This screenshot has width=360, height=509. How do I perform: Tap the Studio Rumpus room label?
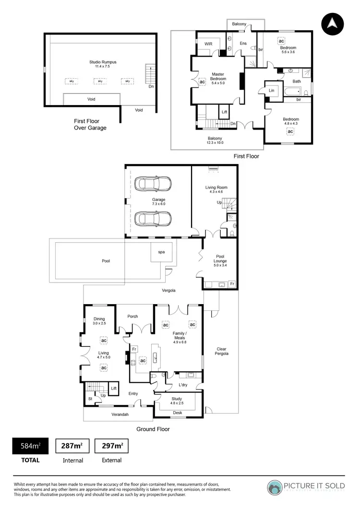coord(103,62)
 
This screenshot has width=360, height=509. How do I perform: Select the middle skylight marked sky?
coord(100,82)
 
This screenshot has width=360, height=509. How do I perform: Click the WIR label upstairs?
coord(208,44)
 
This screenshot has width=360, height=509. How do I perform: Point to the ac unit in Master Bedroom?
coord(202,82)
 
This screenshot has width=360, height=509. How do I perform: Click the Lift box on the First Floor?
coord(224,112)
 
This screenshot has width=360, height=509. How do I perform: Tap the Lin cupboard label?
coord(272,90)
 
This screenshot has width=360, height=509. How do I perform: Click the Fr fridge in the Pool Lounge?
coord(232,284)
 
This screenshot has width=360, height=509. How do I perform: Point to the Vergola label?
coord(168,291)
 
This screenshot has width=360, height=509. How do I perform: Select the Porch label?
coord(132,316)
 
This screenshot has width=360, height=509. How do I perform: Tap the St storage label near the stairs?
coord(90,398)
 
